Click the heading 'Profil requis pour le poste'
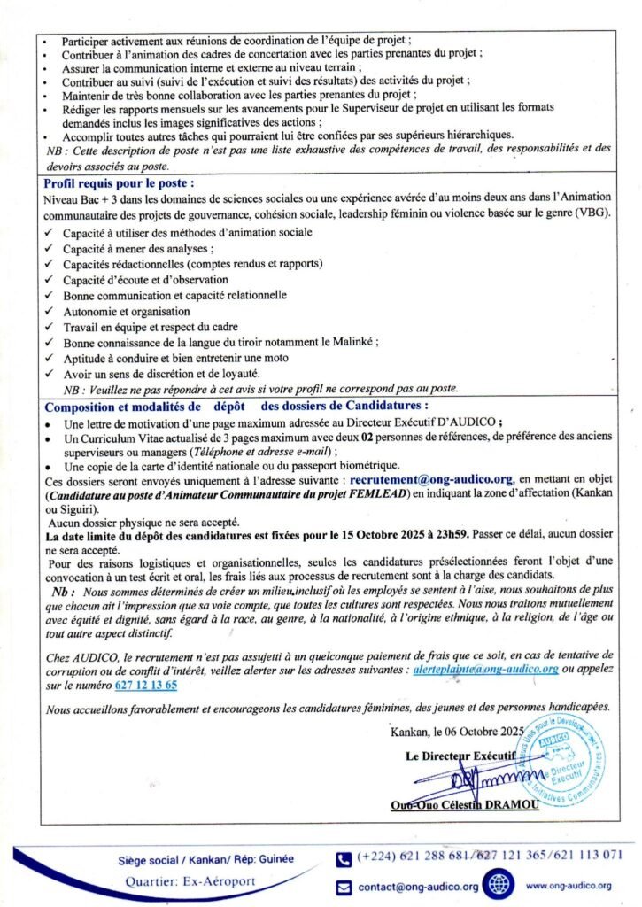pos(119,183)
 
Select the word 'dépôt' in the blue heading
pos(228,406)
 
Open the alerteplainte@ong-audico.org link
pos(485,671)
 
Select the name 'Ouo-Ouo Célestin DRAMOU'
pos(460,804)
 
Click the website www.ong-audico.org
pos(568,886)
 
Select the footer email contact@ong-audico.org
pos(418,887)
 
